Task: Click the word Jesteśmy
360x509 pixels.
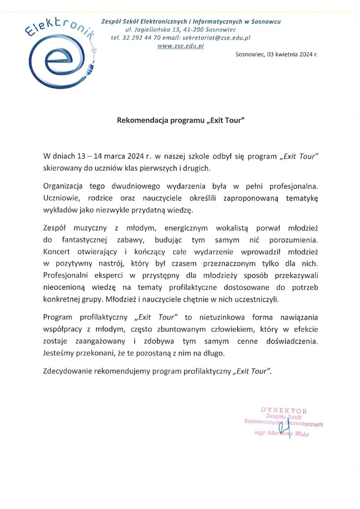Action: (58, 353)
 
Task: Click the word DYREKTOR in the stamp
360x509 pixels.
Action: (284, 410)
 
